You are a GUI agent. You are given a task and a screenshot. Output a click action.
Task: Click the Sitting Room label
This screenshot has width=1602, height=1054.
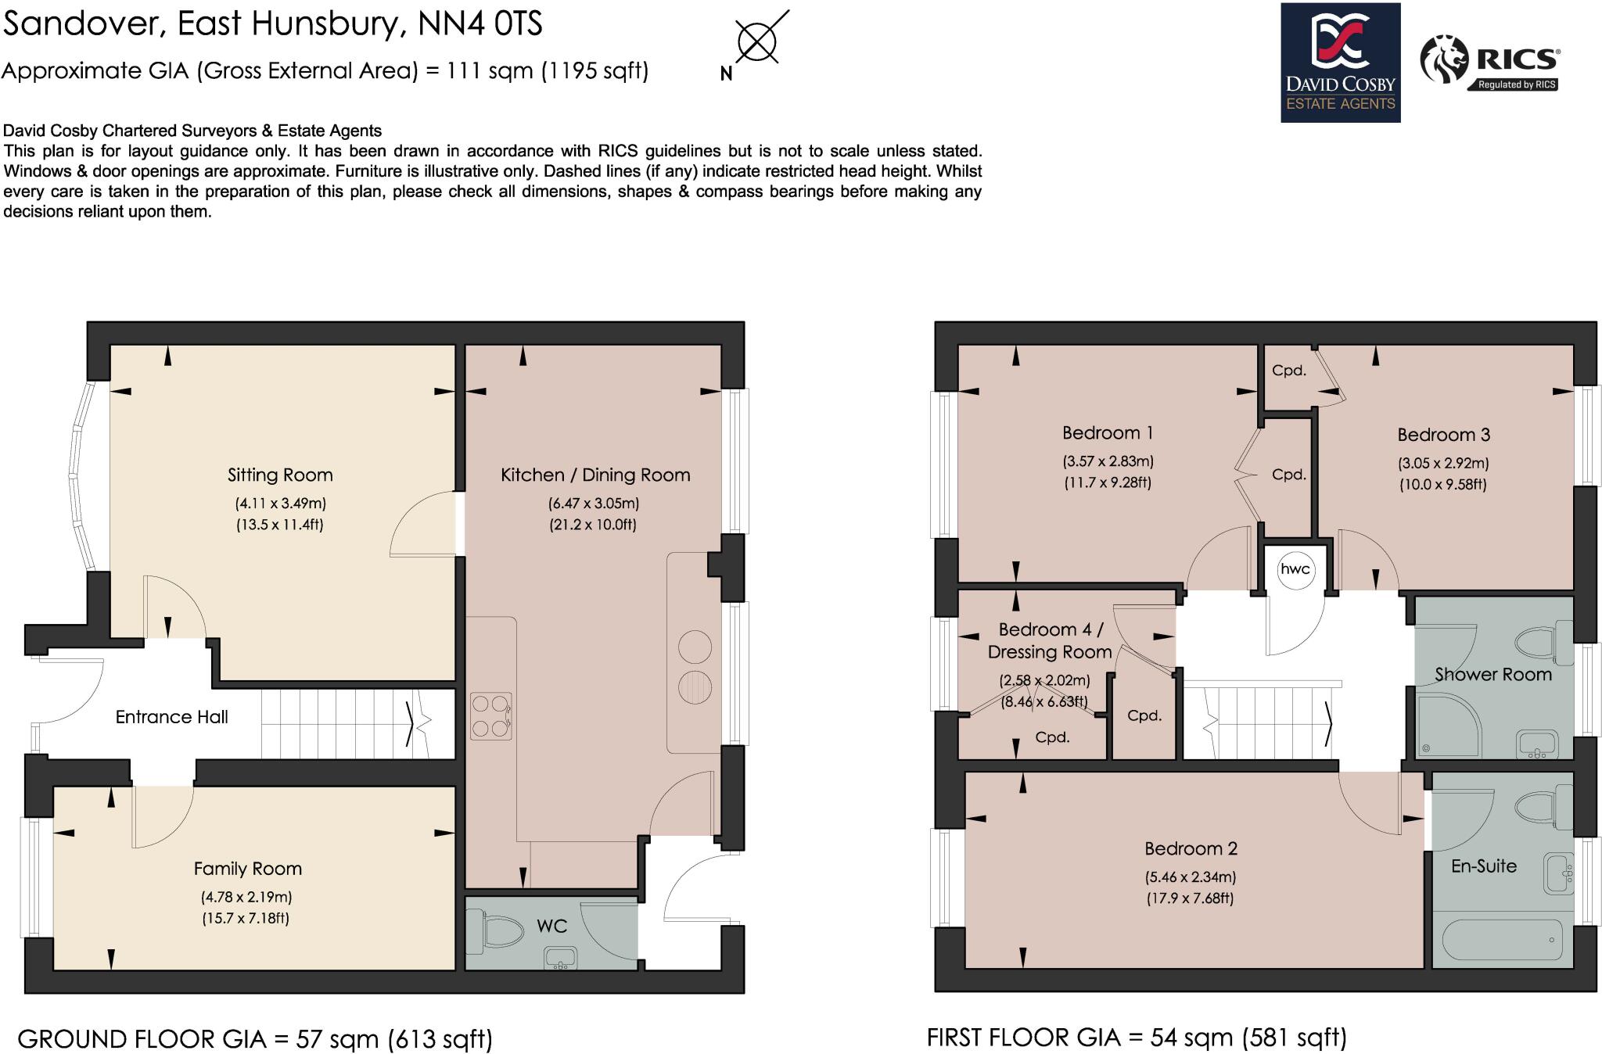tap(280, 475)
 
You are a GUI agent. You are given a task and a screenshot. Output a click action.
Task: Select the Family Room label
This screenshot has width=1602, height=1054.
tap(247, 869)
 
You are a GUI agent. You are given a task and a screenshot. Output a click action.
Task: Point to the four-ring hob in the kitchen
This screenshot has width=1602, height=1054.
tap(490, 716)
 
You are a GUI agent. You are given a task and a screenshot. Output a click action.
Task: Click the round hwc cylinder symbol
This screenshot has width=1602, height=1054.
tap(1295, 569)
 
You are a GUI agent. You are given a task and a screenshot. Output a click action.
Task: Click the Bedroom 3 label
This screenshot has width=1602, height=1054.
tap(1443, 435)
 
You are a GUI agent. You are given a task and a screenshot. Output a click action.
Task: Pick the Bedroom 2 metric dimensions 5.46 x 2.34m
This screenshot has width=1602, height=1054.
tap(1191, 877)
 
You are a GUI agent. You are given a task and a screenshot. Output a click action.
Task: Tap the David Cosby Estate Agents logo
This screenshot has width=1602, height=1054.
tap(1340, 63)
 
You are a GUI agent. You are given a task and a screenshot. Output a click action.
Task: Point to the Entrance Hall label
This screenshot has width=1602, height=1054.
tap(171, 717)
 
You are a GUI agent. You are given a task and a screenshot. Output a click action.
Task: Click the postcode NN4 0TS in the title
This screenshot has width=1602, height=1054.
tap(480, 23)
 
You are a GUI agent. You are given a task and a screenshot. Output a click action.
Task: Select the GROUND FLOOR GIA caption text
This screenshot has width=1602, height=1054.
tap(255, 1039)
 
